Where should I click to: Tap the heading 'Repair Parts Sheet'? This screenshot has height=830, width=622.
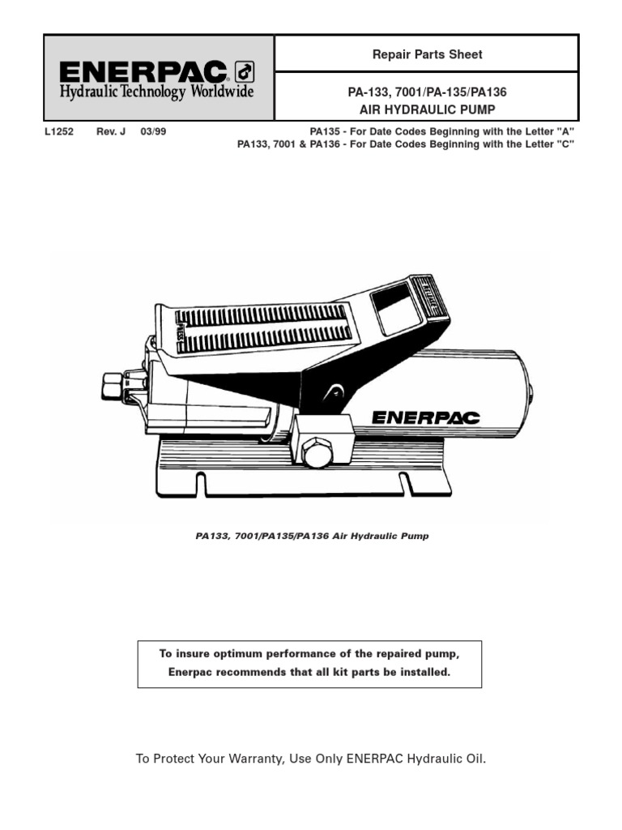pyautogui.click(x=427, y=54)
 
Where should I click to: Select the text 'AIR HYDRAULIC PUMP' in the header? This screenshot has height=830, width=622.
pyautogui.click(x=427, y=108)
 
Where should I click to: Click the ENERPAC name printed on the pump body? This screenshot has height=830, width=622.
pyautogui.click(x=425, y=417)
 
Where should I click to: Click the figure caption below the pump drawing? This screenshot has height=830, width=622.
pyautogui.click(x=312, y=536)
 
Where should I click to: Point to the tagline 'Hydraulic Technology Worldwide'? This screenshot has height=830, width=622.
pyautogui.click(x=157, y=92)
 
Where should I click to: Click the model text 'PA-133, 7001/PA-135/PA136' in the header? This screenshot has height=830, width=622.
pyautogui.click(x=427, y=92)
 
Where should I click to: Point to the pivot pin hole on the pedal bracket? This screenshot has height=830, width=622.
pyautogui.click(x=330, y=394)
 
